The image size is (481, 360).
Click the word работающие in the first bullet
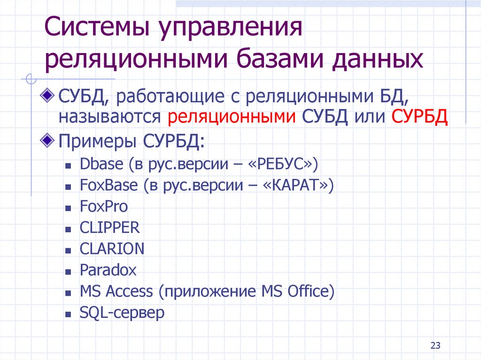[171, 98]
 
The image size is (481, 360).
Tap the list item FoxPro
[104, 207]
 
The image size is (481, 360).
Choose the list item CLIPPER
[110, 228]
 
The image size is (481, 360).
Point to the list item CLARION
[112, 249]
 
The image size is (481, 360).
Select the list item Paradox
[108, 270]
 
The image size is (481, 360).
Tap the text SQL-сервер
[122, 313]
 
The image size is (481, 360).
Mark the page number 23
[435, 346]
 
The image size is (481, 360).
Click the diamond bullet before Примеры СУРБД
[48, 139]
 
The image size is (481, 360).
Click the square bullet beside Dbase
[69, 166]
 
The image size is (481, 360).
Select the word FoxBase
[109, 185]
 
